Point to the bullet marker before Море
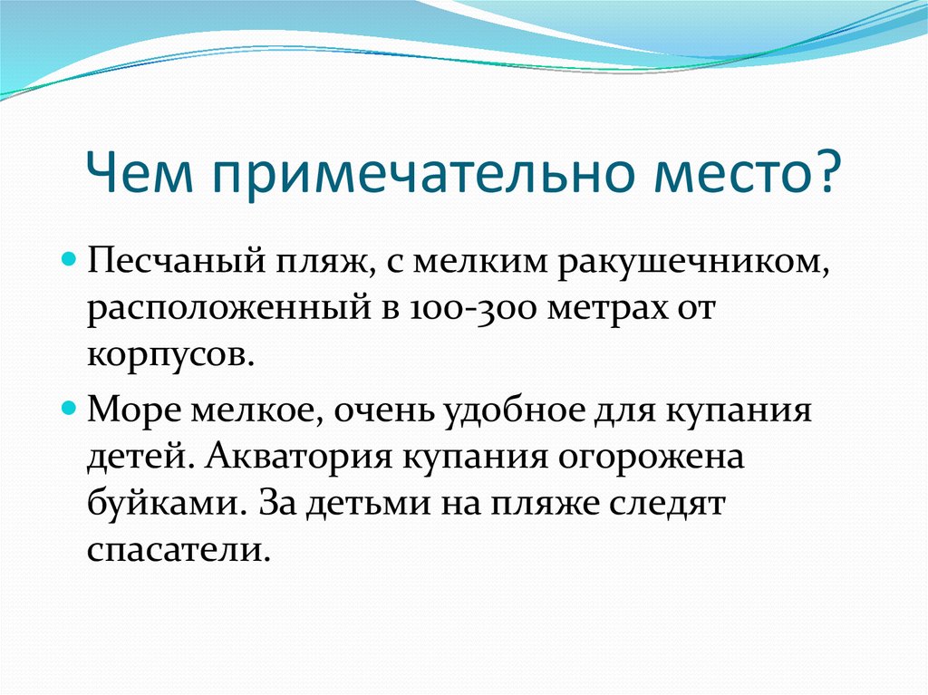click(76, 409)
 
